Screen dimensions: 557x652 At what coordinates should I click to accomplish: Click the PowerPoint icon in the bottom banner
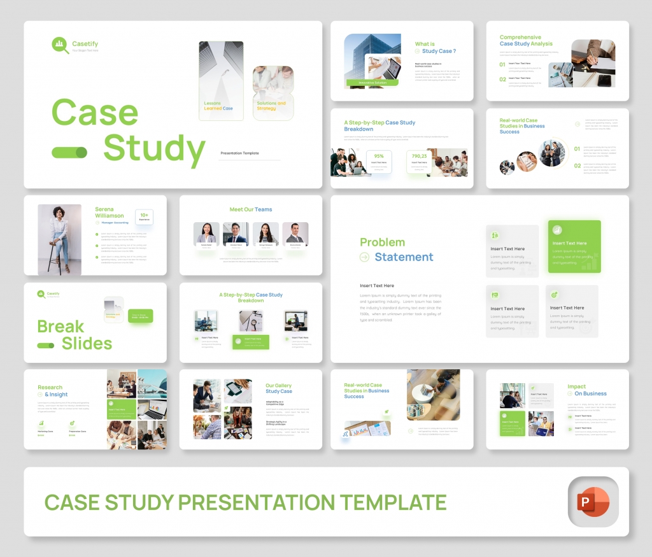592,502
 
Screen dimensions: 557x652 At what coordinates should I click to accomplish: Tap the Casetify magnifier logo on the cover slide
60,45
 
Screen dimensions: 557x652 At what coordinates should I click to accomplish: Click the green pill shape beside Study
69,152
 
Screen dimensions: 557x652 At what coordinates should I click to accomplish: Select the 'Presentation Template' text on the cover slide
239,153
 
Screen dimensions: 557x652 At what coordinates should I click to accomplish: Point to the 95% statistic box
379,162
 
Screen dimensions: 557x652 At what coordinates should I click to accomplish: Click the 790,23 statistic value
419,156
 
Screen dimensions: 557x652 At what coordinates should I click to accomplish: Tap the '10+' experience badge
144,217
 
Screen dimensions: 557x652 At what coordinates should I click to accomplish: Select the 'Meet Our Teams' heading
251,209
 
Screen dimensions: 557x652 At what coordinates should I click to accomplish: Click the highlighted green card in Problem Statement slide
574,246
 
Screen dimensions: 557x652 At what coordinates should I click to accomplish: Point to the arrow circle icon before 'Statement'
364,257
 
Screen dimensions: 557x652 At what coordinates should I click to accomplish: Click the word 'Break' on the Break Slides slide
60,327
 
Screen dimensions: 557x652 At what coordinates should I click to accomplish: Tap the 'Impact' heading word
577,386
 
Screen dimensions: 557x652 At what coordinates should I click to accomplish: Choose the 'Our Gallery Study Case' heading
279,388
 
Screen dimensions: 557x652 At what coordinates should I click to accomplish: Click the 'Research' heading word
50,387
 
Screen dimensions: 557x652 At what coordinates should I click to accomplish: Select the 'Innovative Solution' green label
372,83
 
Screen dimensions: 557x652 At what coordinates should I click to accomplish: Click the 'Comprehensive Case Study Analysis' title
526,41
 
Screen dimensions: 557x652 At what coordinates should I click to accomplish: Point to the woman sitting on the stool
59,239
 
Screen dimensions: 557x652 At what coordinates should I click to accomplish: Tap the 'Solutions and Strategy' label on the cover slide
271,106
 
